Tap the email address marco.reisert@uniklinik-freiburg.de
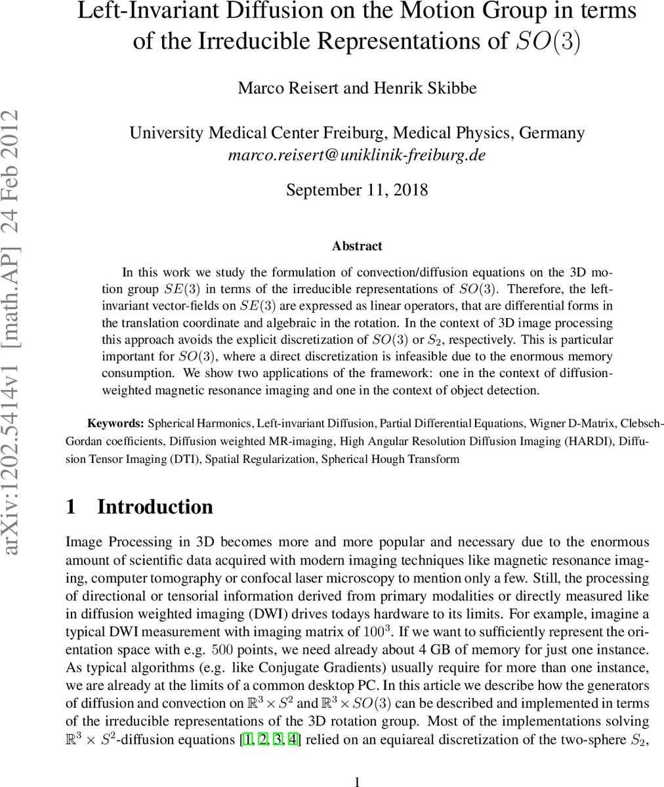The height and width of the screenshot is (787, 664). pos(357,155)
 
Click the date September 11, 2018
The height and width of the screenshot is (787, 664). pos(357,190)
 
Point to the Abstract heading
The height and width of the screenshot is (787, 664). pos(357,246)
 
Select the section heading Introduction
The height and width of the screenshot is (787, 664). pos(155,507)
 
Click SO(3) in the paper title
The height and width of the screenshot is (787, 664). pos(547,41)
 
